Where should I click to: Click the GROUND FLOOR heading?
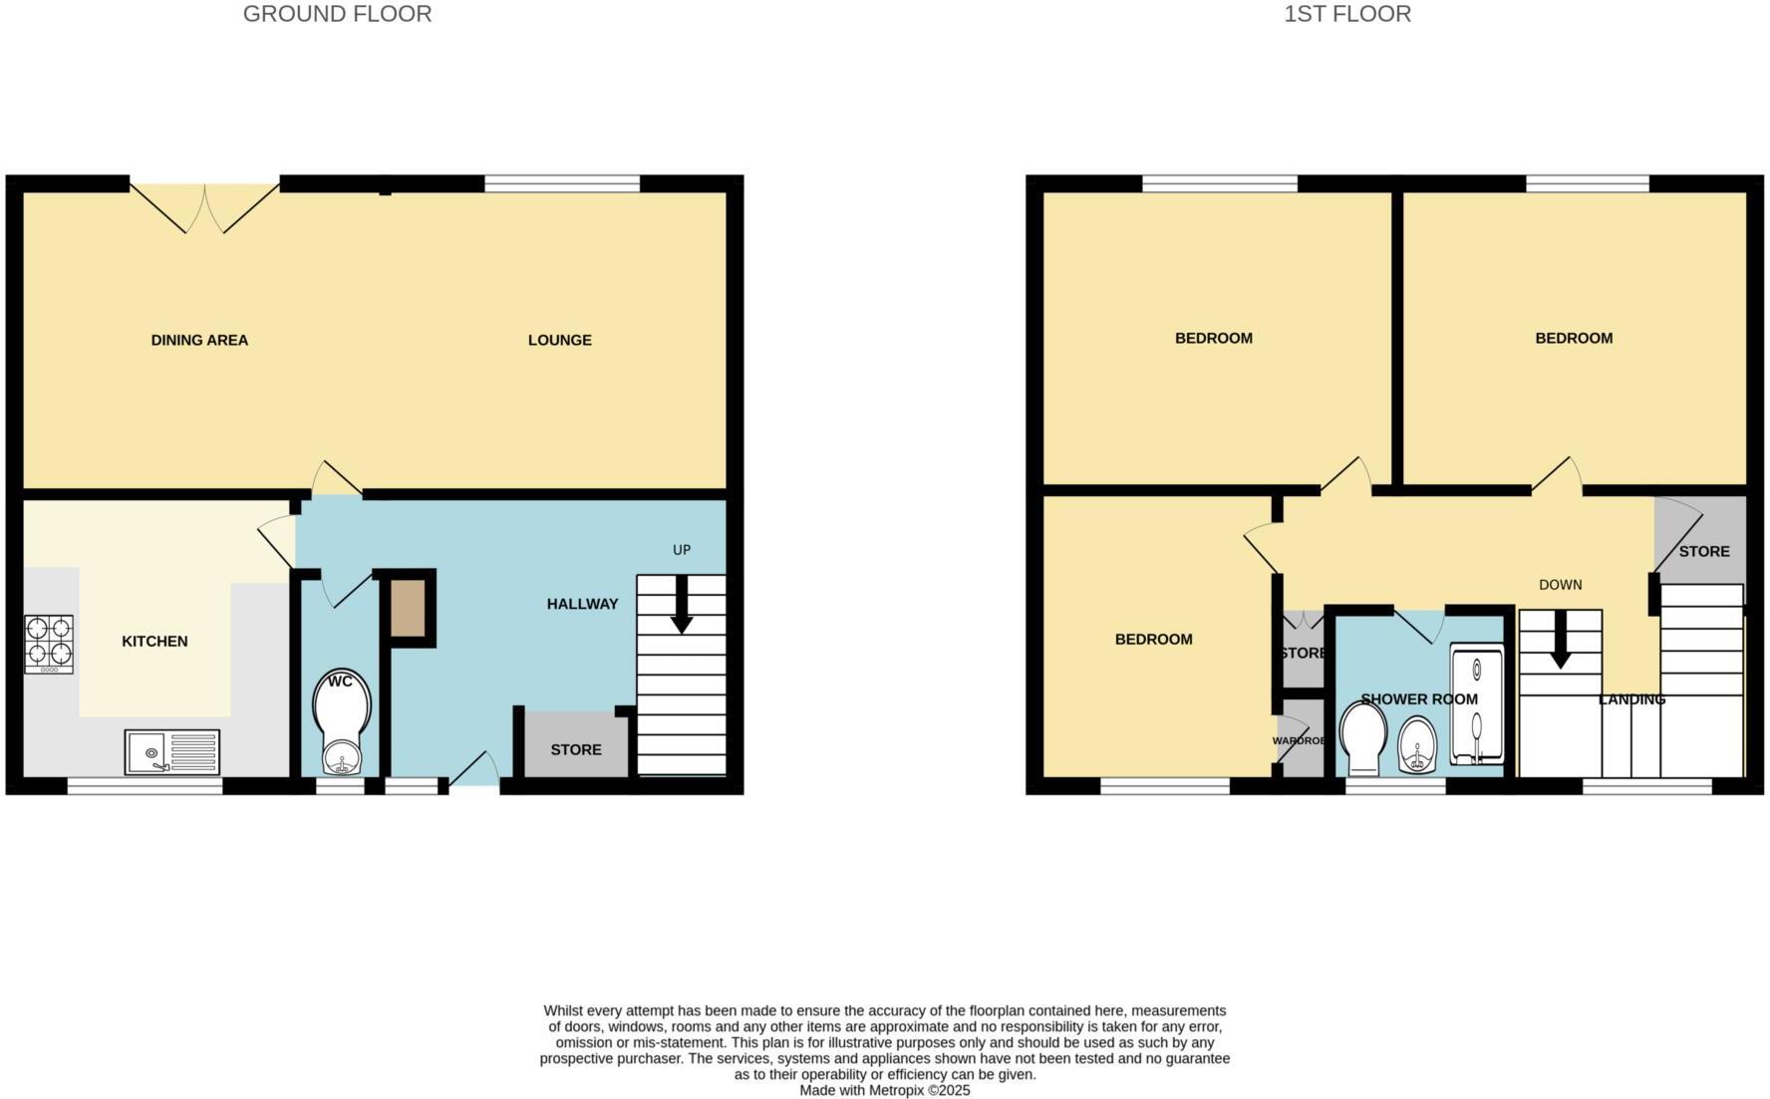pos(337,14)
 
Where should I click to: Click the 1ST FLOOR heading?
pos(1346,14)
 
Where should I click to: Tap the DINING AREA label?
pos(199,340)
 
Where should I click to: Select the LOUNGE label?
pos(559,340)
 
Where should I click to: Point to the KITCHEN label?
pos(154,641)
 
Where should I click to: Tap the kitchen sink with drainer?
pos(172,752)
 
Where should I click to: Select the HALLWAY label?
pos(582,604)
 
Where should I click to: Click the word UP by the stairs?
pos(682,550)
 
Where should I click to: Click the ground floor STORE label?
pos(576,749)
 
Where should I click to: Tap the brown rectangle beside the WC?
pos(408,609)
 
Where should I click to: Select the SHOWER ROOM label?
pos(1418,699)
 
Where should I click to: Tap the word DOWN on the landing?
pos(1560,585)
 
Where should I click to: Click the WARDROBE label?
pos(1299,741)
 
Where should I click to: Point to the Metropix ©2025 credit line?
pos(884,1091)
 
